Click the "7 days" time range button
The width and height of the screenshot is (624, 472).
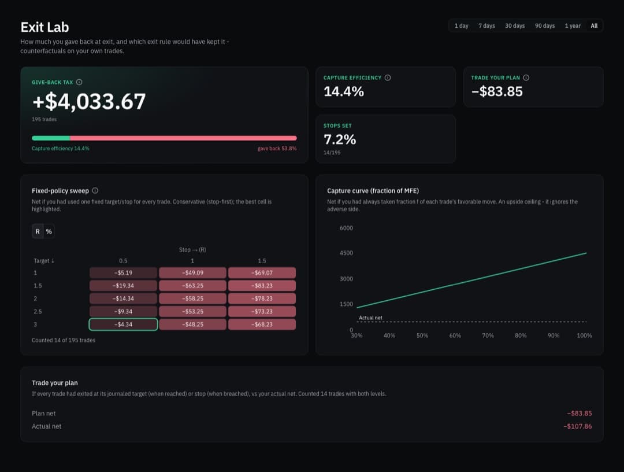[x=486, y=26]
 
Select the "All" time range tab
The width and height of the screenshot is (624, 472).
[x=594, y=26]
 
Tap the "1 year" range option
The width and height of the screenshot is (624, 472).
[x=572, y=26]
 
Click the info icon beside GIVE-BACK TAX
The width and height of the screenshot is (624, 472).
[x=79, y=82]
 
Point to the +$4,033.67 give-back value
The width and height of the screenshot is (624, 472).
[x=89, y=101]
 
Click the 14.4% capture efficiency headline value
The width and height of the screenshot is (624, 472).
[x=343, y=91]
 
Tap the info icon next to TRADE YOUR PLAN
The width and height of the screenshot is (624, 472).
[x=526, y=78]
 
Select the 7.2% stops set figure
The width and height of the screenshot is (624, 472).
[x=340, y=139]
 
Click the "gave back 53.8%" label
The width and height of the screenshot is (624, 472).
[x=277, y=149]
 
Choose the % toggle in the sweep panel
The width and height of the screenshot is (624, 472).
[x=49, y=231]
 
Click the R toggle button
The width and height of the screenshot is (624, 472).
[x=38, y=231]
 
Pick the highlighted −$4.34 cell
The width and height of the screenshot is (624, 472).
[x=124, y=325]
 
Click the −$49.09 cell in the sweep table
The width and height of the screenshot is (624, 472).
[x=192, y=273]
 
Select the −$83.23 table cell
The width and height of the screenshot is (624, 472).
[x=262, y=286]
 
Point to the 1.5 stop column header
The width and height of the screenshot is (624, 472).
[x=262, y=261]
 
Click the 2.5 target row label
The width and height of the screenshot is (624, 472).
[x=38, y=311]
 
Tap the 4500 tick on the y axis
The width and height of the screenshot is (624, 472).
[x=346, y=253]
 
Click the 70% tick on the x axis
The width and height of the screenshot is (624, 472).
[x=488, y=335]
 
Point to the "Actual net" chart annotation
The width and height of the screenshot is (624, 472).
[x=370, y=318]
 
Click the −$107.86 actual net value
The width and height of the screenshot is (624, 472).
[x=577, y=426]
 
